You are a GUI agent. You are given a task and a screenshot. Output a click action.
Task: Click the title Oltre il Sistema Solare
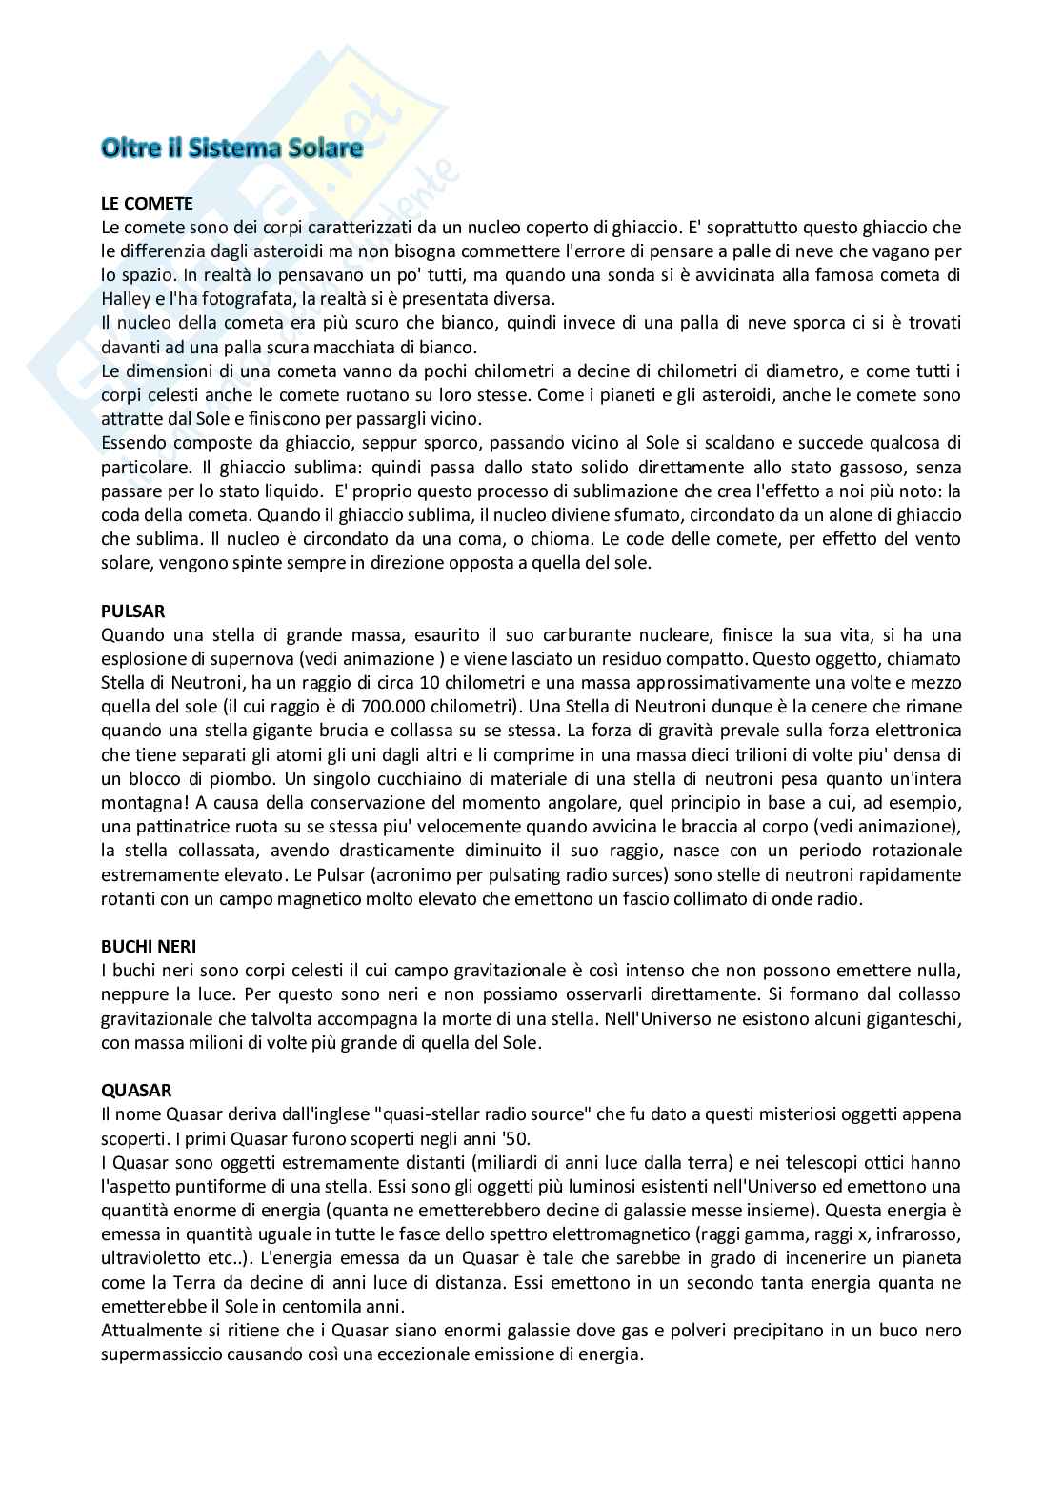232,149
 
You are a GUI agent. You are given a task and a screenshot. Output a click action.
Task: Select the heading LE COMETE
147,203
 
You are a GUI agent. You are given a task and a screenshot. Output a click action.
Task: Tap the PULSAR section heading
132,611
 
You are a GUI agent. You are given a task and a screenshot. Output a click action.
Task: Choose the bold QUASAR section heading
136,1090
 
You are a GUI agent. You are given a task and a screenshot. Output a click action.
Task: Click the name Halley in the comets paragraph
126,298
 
